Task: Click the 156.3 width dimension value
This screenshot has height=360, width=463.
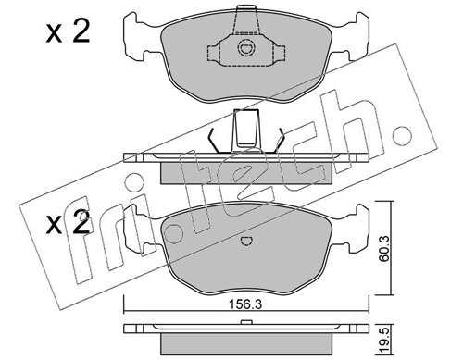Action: (x=244, y=304)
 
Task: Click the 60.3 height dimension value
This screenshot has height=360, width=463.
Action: (x=384, y=249)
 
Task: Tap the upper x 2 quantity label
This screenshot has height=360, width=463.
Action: (x=68, y=31)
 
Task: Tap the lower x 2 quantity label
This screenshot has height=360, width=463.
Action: (x=68, y=222)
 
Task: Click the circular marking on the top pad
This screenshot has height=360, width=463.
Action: (x=246, y=48)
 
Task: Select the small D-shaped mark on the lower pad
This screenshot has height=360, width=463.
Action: (x=246, y=242)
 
